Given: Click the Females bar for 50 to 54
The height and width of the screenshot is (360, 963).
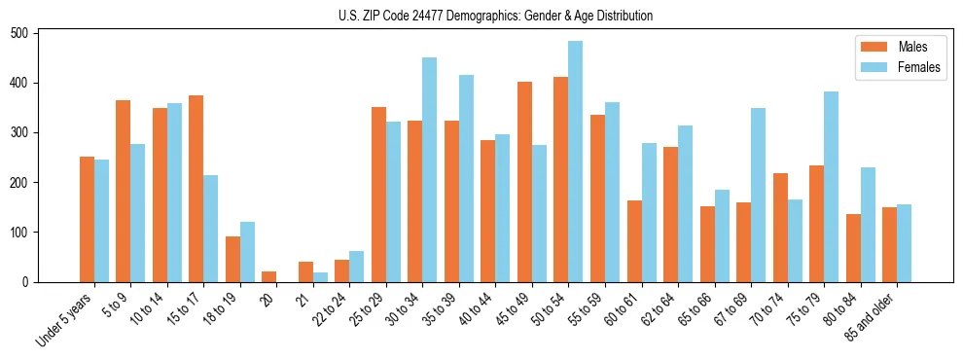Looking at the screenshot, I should coord(575,162).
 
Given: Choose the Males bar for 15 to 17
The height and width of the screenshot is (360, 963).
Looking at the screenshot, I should coord(196,189).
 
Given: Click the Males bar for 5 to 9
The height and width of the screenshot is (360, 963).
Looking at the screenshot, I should coord(123,192).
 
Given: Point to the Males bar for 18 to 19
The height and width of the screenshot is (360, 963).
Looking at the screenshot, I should coord(232,260).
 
